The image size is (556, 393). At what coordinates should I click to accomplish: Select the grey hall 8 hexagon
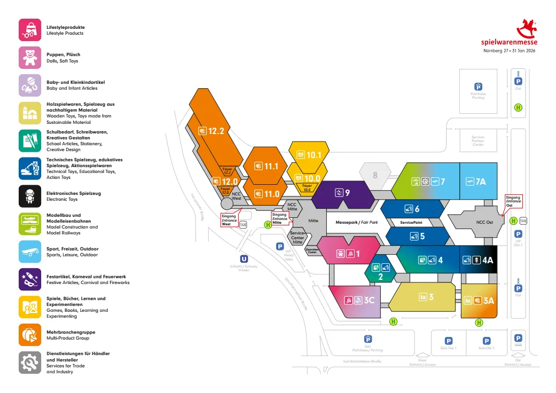coord(375,175)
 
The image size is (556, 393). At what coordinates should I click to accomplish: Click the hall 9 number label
coord(347,192)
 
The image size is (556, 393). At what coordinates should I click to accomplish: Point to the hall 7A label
coord(480,182)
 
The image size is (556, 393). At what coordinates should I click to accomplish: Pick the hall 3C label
coord(369,300)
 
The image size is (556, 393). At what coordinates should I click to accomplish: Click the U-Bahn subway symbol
coord(245,259)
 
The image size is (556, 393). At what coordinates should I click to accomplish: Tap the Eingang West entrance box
coord(229,220)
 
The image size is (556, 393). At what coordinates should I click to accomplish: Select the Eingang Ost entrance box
coord(513,201)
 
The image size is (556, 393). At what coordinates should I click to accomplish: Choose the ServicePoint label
coord(411,222)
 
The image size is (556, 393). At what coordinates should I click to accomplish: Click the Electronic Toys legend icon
coord(30,196)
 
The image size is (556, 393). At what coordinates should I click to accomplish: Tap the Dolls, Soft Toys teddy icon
coord(30,57)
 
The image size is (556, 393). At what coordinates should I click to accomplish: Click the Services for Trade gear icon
coord(30,363)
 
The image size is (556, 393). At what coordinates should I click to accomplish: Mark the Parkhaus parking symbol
coord(479,87)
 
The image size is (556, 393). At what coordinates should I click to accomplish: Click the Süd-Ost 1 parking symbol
coord(449,341)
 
